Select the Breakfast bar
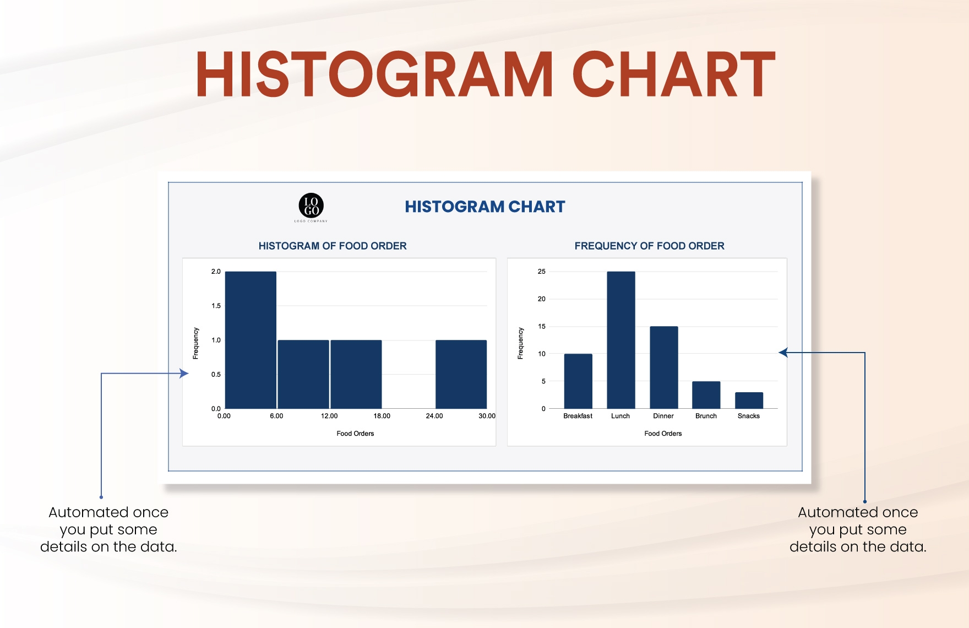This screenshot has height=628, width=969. coord(578,381)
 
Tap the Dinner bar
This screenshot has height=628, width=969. coord(664,367)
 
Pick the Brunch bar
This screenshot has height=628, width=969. coord(706,395)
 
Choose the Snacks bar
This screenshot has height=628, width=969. coord(749,400)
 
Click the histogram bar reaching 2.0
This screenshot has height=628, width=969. coord(251,340)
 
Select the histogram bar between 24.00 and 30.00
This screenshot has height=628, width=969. coord(461,375)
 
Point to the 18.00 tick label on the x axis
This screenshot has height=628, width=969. coord(382,416)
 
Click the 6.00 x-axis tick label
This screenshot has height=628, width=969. coord(276,416)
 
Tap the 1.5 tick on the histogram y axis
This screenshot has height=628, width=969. coord(216,306)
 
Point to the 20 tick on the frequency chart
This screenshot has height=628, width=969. coord(542,299)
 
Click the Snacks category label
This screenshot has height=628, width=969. coord(749,416)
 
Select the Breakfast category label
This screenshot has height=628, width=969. coord(578,416)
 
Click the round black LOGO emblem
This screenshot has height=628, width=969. coord(311,205)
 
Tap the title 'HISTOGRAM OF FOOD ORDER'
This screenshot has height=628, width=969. coord(333,246)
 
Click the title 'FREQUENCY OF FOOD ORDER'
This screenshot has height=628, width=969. coord(650,246)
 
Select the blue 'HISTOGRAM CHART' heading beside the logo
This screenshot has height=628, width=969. coord(485,207)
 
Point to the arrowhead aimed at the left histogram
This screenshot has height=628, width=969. coord(184,373)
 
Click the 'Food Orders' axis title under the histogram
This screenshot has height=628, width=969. coord(355,434)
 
